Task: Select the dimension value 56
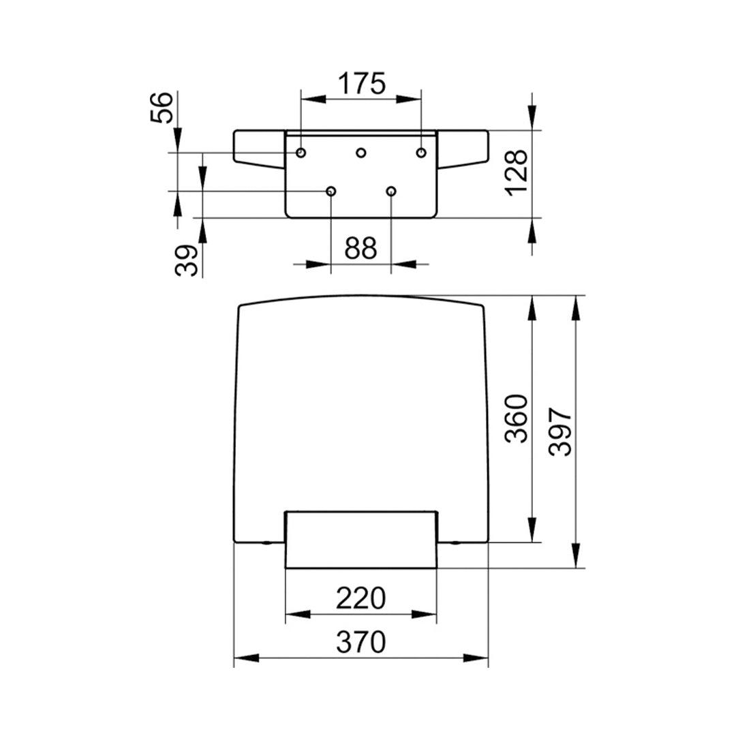click(x=164, y=108)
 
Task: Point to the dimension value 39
click(x=188, y=260)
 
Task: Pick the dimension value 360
click(x=518, y=418)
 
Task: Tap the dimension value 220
click(x=361, y=599)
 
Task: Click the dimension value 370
click(x=361, y=642)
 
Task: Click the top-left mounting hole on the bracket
click(x=301, y=152)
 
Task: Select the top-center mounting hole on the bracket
click(x=361, y=153)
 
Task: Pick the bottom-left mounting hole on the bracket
click(x=331, y=191)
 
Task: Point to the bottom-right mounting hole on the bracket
click(x=391, y=191)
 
